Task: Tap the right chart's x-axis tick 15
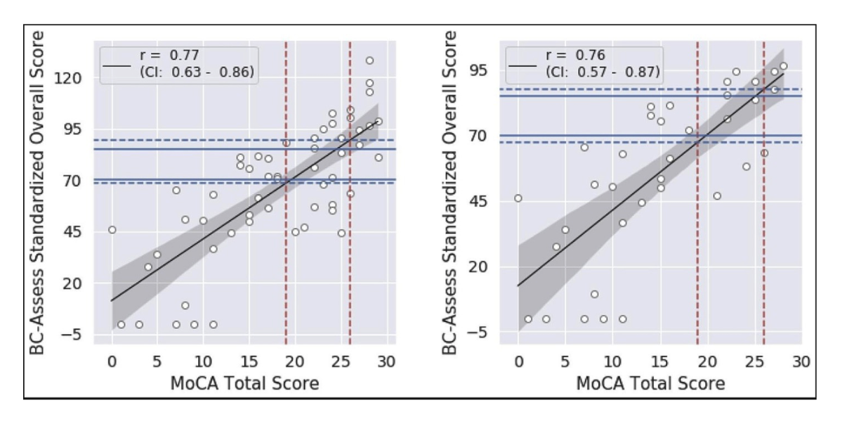click(x=659, y=362)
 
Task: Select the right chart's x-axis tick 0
click(x=518, y=362)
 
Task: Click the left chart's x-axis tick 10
click(x=203, y=362)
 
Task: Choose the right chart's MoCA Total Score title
click(x=650, y=383)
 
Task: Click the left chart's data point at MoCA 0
click(x=112, y=230)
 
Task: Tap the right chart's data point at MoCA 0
click(x=518, y=198)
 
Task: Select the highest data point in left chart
click(x=369, y=60)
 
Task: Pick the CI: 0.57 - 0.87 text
click(x=602, y=71)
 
